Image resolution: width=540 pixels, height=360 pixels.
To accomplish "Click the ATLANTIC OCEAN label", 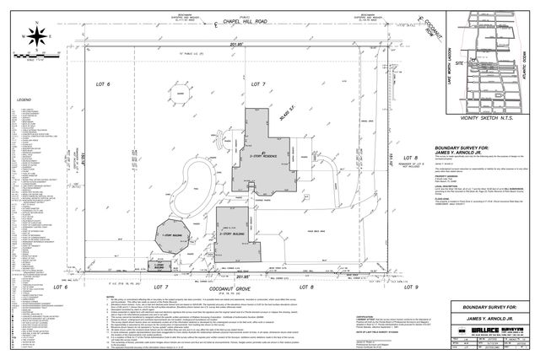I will [526, 58].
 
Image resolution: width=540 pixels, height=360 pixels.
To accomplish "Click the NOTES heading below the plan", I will [111, 297].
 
